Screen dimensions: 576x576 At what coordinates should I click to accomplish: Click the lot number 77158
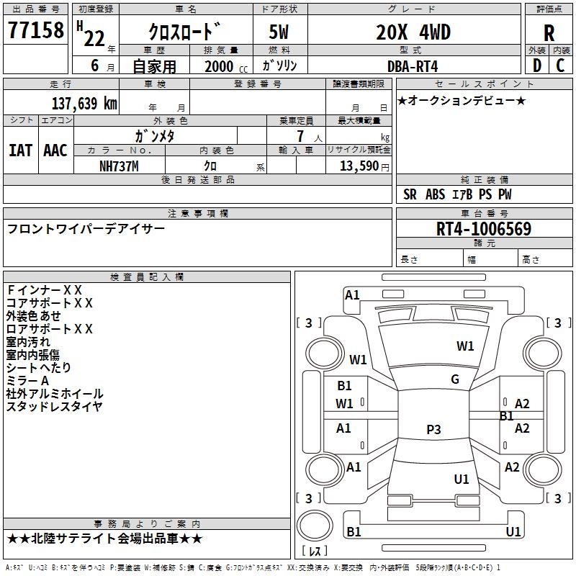[36, 30]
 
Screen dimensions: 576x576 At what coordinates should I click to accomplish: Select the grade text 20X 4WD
[413, 32]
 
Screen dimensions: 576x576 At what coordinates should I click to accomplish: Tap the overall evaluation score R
[549, 33]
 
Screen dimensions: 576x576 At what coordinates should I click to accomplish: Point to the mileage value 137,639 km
[84, 104]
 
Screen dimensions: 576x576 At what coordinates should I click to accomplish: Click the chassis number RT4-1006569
[484, 229]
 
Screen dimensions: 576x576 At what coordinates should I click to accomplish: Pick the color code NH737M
[119, 166]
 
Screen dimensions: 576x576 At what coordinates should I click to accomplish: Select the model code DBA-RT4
[413, 66]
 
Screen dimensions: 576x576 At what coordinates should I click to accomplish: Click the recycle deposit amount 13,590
[359, 166]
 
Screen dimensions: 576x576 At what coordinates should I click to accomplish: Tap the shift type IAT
[20, 150]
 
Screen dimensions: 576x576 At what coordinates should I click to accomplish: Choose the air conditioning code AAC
[55, 150]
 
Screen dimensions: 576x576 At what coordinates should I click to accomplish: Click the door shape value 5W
[279, 32]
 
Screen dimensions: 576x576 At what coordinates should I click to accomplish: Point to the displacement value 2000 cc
[226, 66]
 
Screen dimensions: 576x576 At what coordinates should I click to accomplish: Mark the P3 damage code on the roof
[433, 429]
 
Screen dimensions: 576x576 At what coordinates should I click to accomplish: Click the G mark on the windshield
[455, 379]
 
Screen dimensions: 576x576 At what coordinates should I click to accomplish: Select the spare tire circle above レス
[315, 526]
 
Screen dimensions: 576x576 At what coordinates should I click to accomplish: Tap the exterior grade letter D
[537, 66]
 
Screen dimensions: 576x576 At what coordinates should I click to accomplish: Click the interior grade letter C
[560, 66]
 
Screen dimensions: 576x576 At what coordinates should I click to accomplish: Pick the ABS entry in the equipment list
[435, 194]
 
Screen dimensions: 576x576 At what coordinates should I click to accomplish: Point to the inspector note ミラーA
[27, 381]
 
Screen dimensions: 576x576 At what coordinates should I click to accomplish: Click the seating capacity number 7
[300, 136]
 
